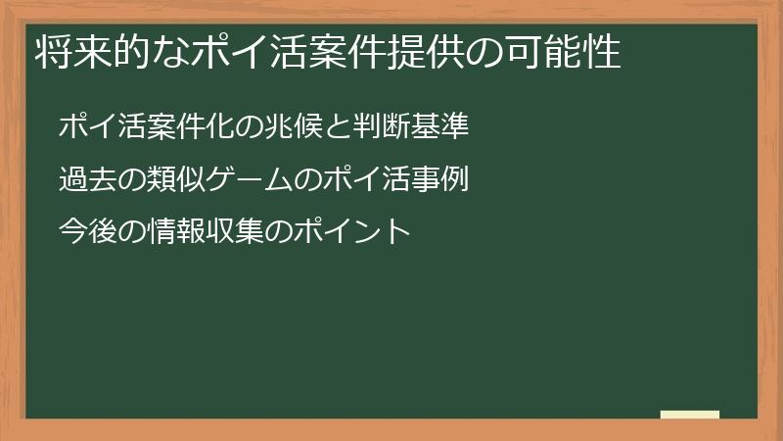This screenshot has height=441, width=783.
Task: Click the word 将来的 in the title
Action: (x=82, y=52)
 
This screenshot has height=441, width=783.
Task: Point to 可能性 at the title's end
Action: (x=573, y=52)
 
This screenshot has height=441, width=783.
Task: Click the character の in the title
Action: (x=507, y=52)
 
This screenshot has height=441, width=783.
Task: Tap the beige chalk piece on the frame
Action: (x=690, y=415)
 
